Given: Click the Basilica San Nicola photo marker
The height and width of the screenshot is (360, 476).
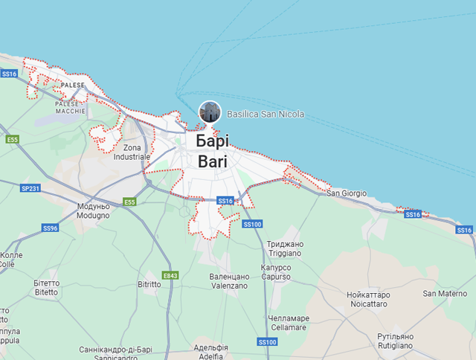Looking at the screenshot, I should point(210,112).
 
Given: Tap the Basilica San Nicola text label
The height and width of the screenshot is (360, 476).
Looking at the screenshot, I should point(266,115).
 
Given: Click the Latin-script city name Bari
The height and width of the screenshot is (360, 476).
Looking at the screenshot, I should point(213,161).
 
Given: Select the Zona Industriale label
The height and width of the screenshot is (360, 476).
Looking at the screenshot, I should point(132,152).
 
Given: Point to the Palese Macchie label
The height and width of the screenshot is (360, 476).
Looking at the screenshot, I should point(71,107).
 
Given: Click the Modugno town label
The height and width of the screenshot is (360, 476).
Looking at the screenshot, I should point(93,211).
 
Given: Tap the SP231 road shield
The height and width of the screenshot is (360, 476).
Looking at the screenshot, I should point(30,188).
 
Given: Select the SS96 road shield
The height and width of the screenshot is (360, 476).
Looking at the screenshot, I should point(50,228).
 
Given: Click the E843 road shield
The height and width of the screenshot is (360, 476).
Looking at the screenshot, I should point(170,275).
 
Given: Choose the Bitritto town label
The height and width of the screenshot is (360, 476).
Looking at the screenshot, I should point(149,284).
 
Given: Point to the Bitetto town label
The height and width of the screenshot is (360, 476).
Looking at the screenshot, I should point(45,288).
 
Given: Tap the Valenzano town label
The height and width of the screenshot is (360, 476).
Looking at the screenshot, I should point(229,281).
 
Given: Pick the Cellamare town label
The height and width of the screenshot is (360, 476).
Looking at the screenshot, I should point(288,323).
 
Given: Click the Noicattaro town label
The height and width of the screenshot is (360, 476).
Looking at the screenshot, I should point(367,299).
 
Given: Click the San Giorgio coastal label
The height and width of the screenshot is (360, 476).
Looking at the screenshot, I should point(347,193).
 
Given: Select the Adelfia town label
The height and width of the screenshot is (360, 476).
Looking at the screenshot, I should point(210,352).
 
